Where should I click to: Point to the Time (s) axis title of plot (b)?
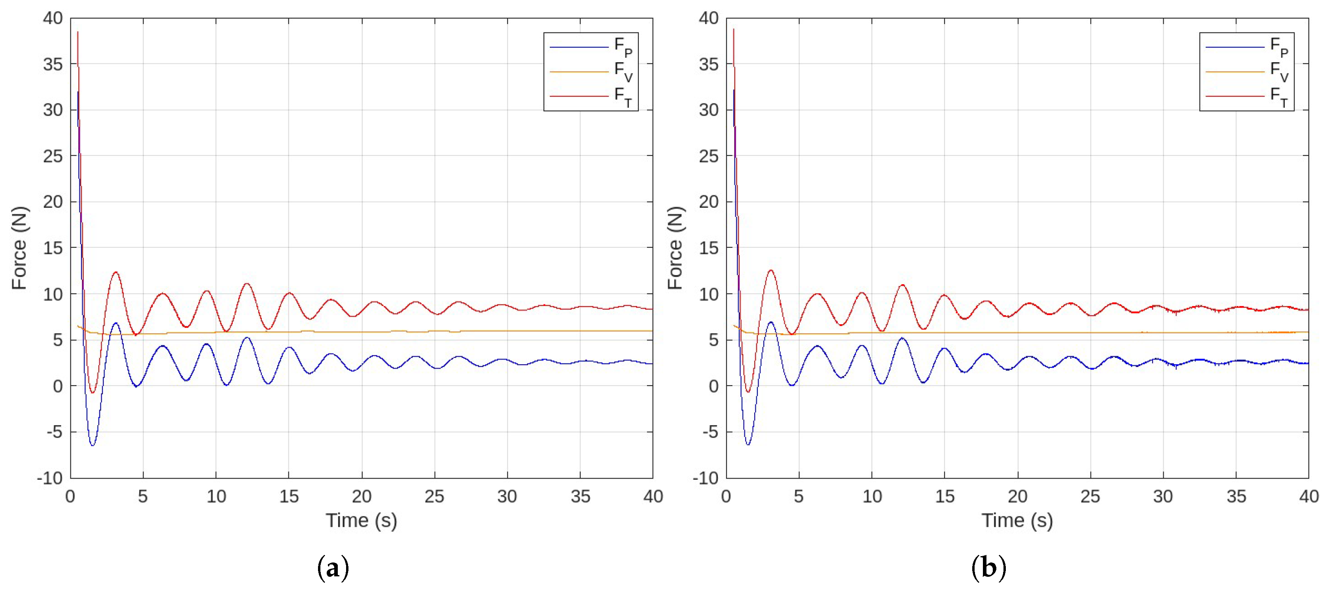tap(1017, 520)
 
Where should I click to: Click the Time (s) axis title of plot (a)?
tap(361, 520)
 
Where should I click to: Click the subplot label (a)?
tap(333, 568)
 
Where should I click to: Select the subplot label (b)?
tap(988, 568)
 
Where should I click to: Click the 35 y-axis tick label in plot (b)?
tap(708, 65)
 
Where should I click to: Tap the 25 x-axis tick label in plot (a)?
tap(434, 496)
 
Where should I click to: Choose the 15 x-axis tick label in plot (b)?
tap(945, 496)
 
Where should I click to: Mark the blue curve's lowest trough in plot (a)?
tap(92, 445)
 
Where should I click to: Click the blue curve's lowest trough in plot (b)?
tap(748, 445)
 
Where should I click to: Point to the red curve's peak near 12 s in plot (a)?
tap(246, 284)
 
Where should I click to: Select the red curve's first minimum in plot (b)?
tap(748, 392)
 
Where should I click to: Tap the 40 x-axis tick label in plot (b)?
tap(1308, 496)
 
